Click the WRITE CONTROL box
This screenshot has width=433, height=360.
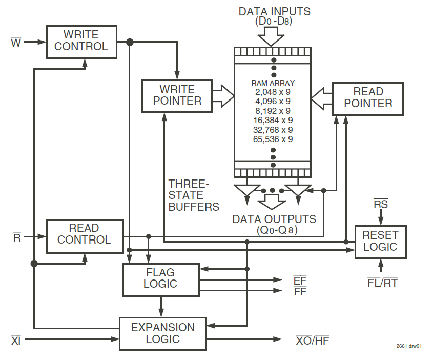[x=81, y=41]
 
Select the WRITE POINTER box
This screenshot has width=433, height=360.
[x=177, y=95]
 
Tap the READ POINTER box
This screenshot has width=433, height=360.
[x=367, y=97]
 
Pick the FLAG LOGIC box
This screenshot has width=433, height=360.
[x=160, y=279]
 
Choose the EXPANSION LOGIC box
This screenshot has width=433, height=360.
[x=162, y=333]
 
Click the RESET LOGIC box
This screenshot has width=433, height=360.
[x=380, y=241]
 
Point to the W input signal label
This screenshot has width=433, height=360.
[x=16, y=42]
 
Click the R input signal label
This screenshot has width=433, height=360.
[x=16, y=237]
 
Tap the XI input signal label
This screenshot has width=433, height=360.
[x=16, y=339]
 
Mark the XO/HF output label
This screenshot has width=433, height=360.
[x=313, y=339]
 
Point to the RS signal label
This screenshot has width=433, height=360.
[x=381, y=204]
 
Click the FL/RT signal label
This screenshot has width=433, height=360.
[x=382, y=282]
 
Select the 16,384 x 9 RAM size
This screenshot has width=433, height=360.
[x=273, y=120]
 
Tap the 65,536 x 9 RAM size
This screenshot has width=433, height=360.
[x=273, y=138]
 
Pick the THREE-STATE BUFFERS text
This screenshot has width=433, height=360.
[x=193, y=195]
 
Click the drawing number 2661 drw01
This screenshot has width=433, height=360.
[x=409, y=346]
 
